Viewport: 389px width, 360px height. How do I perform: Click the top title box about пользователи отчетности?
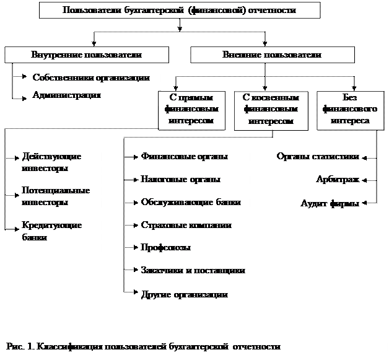click(x=180, y=11)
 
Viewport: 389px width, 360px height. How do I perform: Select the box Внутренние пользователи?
click(x=86, y=55)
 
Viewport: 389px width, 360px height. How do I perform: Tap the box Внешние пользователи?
click(x=272, y=55)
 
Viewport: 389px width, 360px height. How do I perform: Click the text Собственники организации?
click(x=90, y=78)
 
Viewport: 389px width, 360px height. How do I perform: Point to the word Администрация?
click(x=66, y=95)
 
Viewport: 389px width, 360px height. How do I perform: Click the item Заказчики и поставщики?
click(x=193, y=271)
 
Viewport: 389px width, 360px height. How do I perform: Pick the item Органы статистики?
click(x=317, y=157)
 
